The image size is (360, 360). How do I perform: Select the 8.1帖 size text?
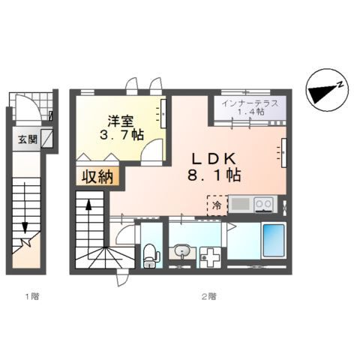click(214, 178)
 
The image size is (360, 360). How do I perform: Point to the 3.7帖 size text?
click(121, 136)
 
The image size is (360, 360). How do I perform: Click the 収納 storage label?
click(93, 177)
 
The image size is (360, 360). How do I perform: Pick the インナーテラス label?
click(250, 103)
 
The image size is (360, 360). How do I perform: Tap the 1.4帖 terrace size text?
click(249, 113)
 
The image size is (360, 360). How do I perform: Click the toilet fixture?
click(150, 254)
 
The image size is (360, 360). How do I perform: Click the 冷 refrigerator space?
click(216, 204)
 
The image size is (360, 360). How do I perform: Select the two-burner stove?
click(262, 203)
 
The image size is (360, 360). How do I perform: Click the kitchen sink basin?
click(241, 203)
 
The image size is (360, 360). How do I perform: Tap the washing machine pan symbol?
click(209, 255)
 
